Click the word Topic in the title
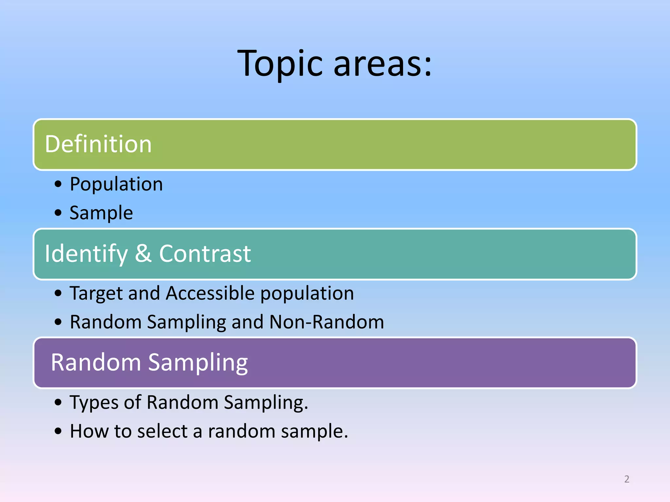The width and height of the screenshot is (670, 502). (280, 64)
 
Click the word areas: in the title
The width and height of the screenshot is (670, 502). (383, 64)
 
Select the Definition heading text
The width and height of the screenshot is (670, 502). (98, 144)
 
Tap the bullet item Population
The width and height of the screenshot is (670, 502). (116, 184)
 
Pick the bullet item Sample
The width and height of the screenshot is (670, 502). (101, 213)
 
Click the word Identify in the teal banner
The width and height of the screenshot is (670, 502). (86, 254)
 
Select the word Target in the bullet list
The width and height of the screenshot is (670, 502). (96, 293)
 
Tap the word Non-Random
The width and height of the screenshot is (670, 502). (326, 322)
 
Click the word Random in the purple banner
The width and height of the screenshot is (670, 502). (96, 362)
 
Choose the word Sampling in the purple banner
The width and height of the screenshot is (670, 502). (198, 363)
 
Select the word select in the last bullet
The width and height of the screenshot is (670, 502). (162, 431)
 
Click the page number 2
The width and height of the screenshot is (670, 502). (626, 479)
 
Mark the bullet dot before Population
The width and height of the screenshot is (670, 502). (58, 184)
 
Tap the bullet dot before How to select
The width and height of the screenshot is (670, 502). (58, 431)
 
